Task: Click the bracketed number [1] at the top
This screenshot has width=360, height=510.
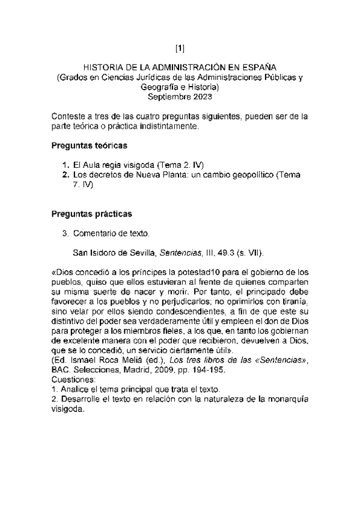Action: point(180,48)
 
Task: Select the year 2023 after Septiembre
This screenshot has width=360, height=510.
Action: point(201,96)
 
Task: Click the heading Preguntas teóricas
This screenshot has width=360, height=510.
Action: point(88,146)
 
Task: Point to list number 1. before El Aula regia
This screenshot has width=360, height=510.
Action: point(66,164)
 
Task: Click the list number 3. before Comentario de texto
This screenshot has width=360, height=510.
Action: point(66,232)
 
